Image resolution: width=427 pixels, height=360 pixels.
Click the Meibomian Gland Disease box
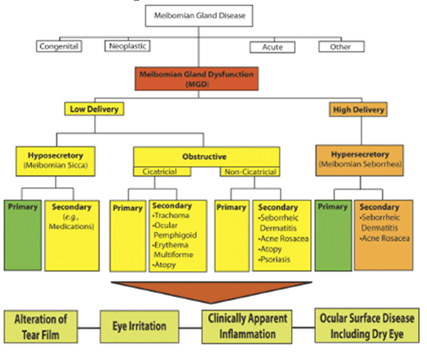pyautogui.click(x=199, y=16)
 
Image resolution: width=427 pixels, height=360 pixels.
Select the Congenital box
pyautogui.click(x=59, y=46)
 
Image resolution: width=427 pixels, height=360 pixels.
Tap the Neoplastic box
pyautogui.click(x=127, y=46)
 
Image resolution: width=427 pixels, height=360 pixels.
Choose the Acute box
pyautogui.click(x=273, y=47)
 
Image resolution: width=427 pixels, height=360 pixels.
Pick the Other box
pyautogui.click(x=342, y=47)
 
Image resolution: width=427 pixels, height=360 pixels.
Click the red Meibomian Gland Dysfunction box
pyautogui.click(x=196, y=79)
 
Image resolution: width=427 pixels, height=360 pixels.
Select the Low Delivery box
pyautogui.click(x=94, y=109)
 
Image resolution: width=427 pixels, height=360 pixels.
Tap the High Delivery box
pyautogui.click(x=358, y=109)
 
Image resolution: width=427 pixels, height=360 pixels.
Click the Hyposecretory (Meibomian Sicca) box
pyautogui.click(x=56, y=161)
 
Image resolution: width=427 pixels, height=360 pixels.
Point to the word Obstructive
pyautogui.click(x=204, y=157)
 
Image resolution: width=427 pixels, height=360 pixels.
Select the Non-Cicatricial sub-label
pyautogui.click(x=250, y=172)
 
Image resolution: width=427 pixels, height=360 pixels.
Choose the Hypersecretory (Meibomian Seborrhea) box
pyautogui.click(x=360, y=160)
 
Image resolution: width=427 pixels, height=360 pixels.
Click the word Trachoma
pyautogui.click(x=172, y=215)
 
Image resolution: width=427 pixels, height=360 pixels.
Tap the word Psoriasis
pyautogui.click(x=275, y=259)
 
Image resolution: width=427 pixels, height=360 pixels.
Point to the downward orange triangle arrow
pyautogui.click(x=211, y=291)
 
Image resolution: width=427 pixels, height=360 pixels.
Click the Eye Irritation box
pyautogui.click(x=140, y=326)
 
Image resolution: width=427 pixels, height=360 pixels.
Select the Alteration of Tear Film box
pyautogui.click(x=41, y=326)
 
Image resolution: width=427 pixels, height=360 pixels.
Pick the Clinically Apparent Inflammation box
pyautogui.click(x=247, y=326)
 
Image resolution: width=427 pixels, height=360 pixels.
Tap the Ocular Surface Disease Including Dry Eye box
pyautogui.click(x=367, y=325)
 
